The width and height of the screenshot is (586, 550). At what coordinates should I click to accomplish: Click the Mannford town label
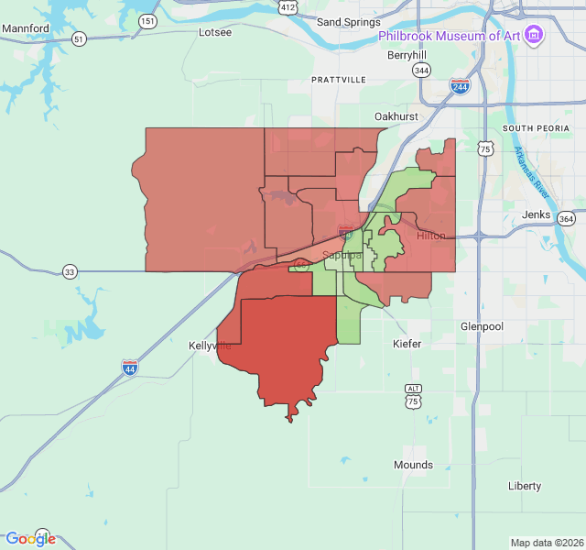click(x=26, y=28)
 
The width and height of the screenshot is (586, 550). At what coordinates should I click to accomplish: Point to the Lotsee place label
click(x=215, y=32)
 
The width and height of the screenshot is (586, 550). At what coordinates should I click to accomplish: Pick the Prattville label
click(x=339, y=80)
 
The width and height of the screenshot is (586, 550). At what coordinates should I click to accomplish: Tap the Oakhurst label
click(x=396, y=116)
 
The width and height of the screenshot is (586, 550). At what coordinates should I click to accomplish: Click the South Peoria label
click(x=530, y=127)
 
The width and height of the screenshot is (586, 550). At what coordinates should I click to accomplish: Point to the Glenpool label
click(x=482, y=326)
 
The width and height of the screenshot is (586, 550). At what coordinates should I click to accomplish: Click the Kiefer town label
click(x=407, y=344)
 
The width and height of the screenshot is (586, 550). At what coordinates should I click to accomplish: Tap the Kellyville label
click(x=211, y=346)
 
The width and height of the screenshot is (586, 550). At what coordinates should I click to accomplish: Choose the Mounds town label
click(x=413, y=465)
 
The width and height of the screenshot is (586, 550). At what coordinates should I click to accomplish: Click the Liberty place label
click(x=525, y=486)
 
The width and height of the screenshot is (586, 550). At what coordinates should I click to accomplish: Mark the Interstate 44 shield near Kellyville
click(x=131, y=368)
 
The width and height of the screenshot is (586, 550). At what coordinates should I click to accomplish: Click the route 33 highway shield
click(x=70, y=271)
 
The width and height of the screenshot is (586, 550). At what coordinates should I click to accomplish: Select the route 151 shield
click(x=147, y=20)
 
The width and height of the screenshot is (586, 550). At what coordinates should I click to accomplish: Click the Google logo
click(x=30, y=539)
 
